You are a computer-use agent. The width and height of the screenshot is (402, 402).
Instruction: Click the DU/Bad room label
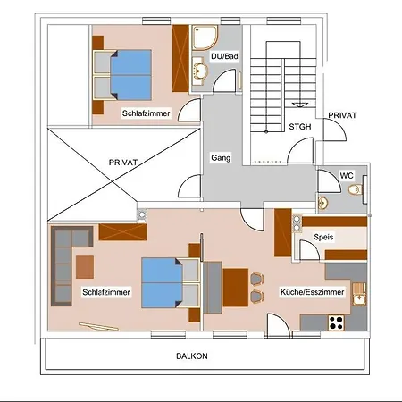(x=225, y=56)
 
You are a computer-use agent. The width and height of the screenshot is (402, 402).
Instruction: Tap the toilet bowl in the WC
(x=355, y=191)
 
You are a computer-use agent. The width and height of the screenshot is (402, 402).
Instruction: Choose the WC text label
(x=347, y=176)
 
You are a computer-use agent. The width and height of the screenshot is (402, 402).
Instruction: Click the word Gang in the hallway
(x=221, y=157)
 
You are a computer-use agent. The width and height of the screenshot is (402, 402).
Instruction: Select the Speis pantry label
(x=323, y=238)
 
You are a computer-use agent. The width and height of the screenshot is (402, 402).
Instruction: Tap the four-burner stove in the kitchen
(x=338, y=321)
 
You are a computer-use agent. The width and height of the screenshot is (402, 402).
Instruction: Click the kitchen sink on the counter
(x=358, y=292)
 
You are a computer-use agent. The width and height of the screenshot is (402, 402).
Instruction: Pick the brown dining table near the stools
(x=236, y=285)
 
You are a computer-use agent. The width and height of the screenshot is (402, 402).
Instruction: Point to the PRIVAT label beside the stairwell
(x=342, y=116)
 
